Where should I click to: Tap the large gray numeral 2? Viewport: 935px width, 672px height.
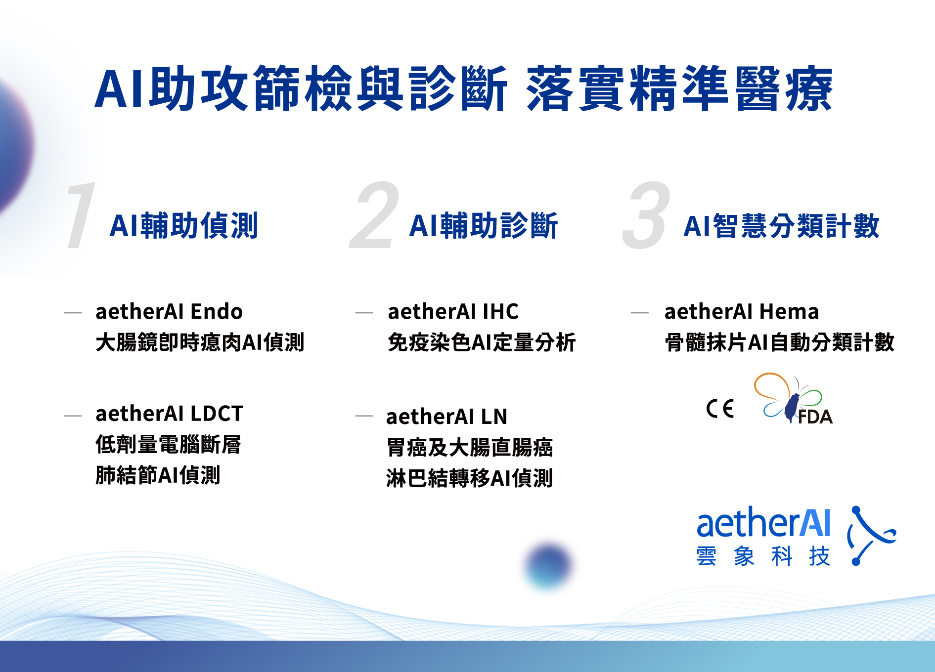[x=374, y=215]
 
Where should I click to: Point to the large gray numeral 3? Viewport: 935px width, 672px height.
[x=646, y=215]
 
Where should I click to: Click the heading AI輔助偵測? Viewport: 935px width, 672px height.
[x=184, y=226]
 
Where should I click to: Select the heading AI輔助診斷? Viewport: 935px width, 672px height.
[x=484, y=226]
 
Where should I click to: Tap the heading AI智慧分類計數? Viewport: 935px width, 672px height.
[x=781, y=226]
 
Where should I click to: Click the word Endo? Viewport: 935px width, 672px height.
[x=217, y=312]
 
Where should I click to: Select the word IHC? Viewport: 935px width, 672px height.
[x=500, y=312]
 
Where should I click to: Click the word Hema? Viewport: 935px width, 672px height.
[x=789, y=312]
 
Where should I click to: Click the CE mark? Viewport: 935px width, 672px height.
[x=720, y=408]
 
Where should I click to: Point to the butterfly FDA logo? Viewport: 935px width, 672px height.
[x=793, y=399]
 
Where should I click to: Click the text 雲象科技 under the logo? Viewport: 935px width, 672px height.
[x=763, y=556]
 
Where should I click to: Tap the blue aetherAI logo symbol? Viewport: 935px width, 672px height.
[x=871, y=536]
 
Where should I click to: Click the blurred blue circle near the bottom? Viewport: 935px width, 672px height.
[x=548, y=565]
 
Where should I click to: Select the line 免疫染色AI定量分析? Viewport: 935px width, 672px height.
[x=482, y=342]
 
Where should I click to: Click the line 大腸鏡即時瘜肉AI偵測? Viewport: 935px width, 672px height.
[x=200, y=342]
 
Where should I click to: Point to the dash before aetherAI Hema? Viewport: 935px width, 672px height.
[x=639, y=313]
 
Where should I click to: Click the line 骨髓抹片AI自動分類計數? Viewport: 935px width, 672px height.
[x=779, y=342]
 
